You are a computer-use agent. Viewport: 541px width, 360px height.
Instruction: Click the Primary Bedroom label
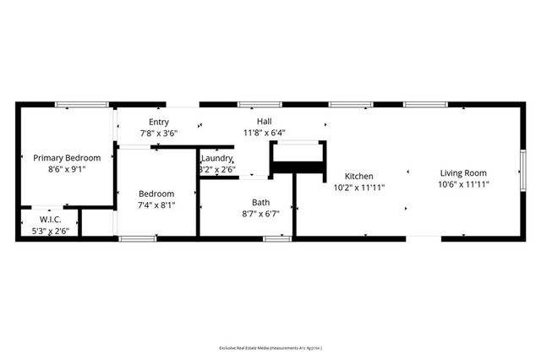coord(67,157)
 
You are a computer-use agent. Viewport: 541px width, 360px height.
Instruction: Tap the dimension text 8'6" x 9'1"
coord(67,169)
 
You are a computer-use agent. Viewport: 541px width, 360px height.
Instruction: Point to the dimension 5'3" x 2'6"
coord(51,231)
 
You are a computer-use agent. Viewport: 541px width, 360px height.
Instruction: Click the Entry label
coord(158,122)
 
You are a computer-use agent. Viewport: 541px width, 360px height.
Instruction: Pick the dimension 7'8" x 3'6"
coord(158,134)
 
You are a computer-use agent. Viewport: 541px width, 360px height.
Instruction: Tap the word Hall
coord(265,122)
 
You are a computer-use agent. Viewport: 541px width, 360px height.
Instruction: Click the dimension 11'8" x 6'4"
coord(265,134)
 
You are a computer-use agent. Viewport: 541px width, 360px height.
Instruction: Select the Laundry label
coord(216,158)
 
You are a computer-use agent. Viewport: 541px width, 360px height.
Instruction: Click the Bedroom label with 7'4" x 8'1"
coord(156,194)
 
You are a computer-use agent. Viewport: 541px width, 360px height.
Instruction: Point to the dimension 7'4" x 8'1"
coord(156,205)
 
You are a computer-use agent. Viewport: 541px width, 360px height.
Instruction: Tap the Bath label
coord(261,202)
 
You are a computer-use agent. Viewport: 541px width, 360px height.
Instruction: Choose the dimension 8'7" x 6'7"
coord(261,214)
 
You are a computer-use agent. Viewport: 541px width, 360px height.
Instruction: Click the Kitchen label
coord(358,177)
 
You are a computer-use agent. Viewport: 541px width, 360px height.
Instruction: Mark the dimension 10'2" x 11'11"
coord(358,188)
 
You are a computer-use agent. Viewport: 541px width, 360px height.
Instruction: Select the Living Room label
coord(464,172)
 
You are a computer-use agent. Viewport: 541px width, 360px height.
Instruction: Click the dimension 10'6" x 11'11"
coord(464,184)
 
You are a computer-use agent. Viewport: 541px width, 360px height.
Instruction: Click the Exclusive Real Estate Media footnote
coord(270,348)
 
